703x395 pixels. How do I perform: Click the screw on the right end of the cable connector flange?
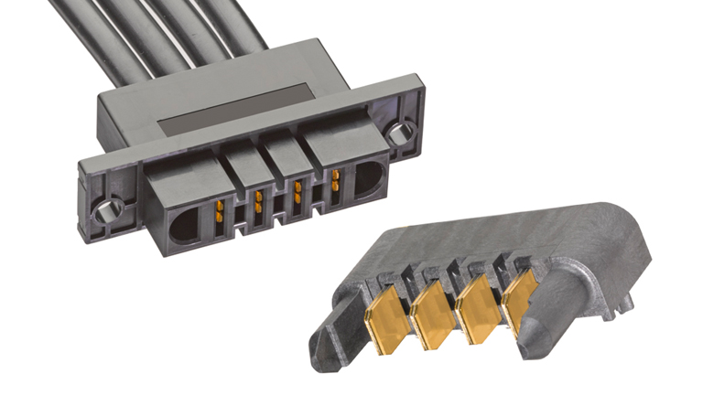pyautogui.click(x=397, y=134)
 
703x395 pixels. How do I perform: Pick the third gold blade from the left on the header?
pyautogui.click(x=474, y=303)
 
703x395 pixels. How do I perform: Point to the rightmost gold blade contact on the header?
pyautogui.click(x=518, y=294)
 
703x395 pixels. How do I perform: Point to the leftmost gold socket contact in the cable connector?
pyautogui.click(x=220, y=215)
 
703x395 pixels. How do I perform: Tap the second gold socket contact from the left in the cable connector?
pyautogui.click(x=259, y=203)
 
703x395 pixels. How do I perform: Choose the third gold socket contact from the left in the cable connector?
pyautogui.click(x=297, y=192)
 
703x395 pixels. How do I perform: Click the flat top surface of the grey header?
pyautogui.click(x=476, y=242)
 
